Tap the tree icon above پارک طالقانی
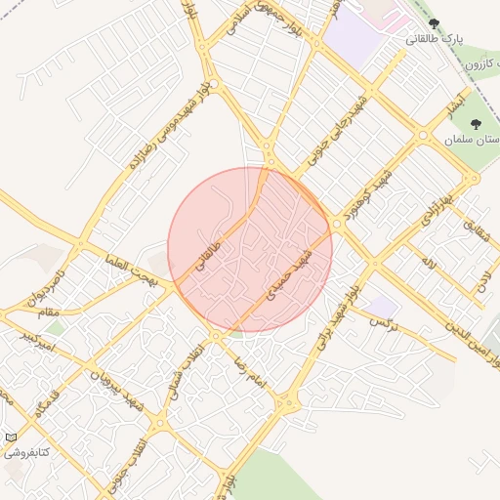pos(435,24)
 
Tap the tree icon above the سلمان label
pos(476,124)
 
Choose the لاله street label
pos(427,260)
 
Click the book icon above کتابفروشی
pos(11,437)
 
